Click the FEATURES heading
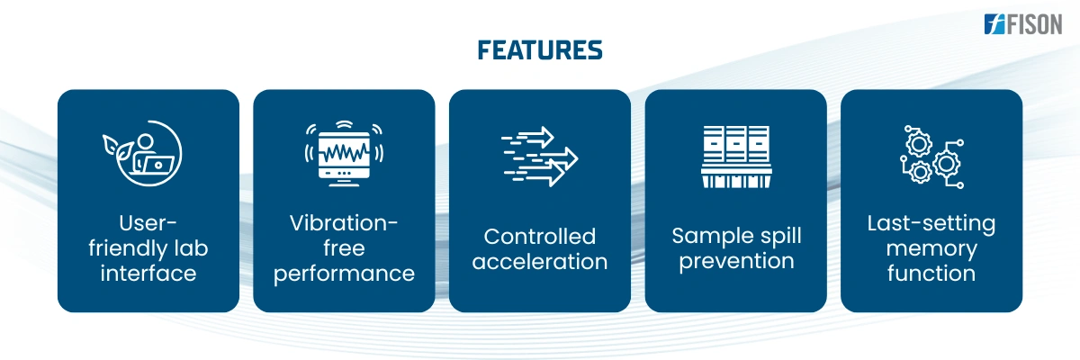click(539, 50)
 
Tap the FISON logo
click(1023, 24)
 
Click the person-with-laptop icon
click(143, 153)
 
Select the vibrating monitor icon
click(344, 153)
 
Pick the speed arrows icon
click(539, 156)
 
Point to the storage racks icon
click(736, 157)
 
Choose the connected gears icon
click(931, 157)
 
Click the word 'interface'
click(148, 274)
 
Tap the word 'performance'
click(344, 274)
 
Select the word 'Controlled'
click(539, 236)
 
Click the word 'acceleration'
click(539, 262)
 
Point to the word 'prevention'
click(736, 262)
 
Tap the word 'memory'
click(931, 249)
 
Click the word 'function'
click(931, 274)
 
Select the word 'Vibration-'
click(344, 223)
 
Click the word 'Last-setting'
click(931, 224)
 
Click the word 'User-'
click(148, 223)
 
